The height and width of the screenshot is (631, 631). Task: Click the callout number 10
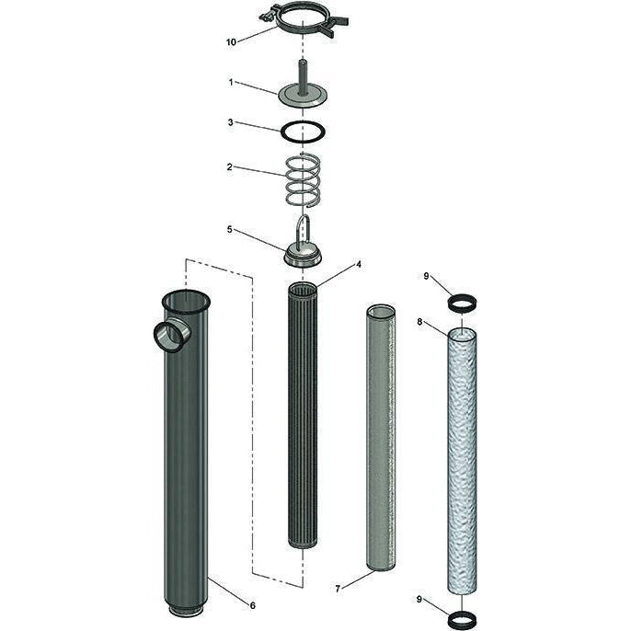click(232, 42)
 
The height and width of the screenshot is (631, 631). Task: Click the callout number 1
click(232, 82)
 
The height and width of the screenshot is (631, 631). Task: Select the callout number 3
click(232, 121)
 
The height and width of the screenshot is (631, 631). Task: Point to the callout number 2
click(232, 167)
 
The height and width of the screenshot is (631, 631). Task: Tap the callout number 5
click(232, 230)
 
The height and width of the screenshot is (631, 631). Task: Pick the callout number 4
click(359, 265)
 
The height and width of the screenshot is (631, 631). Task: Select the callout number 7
click(338, 588)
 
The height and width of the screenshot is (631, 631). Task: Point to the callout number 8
click(419, 322)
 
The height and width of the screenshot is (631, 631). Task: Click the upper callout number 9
click(426, 277)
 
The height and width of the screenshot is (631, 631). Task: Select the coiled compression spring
click(304, 179)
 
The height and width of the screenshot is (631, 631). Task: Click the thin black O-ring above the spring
click(303, 132)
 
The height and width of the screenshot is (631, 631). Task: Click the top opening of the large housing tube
click(185, 300)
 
